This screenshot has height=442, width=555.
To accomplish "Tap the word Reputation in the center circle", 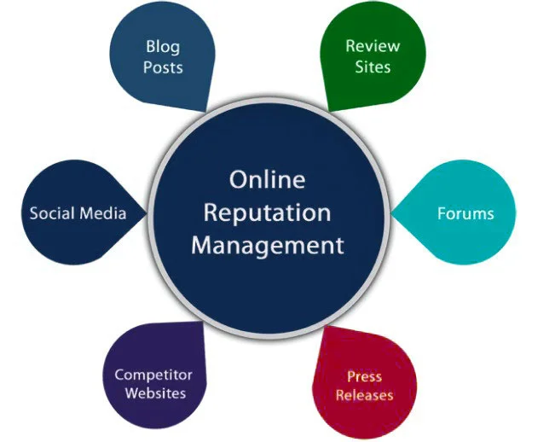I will (267, 213).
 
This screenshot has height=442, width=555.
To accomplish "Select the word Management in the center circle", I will (267, 246).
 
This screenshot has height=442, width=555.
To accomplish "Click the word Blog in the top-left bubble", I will (163, 46).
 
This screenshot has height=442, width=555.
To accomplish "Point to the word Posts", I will (163, 67).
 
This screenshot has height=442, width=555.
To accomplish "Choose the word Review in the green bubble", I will (373, 46).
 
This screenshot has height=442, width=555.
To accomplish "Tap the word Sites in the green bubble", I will (373, 67).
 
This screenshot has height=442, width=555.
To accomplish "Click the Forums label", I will (465, 213).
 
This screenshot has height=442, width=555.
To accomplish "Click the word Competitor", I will (153, 375).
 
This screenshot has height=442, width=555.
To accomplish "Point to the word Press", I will (364, 376).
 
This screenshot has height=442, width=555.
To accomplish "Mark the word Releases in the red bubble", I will (364, 395).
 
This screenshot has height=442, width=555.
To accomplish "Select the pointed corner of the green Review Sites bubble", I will (328, 109).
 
